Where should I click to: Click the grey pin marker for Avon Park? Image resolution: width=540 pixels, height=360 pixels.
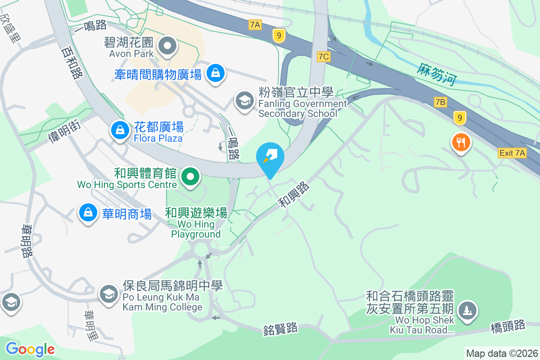[x=168, y=45]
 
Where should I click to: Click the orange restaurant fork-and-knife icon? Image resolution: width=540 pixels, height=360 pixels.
[x=460, y=143]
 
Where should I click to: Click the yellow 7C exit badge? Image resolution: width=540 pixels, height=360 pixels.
[x=324, y=56]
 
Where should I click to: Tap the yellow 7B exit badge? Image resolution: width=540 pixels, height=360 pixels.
[x=440, y=102]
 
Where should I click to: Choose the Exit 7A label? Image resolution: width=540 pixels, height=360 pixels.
[x=512, y=153]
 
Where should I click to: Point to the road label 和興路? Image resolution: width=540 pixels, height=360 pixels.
[x=295, y=194]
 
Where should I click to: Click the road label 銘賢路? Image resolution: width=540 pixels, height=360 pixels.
[x=281, y=329]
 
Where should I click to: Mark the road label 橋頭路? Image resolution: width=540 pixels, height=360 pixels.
[x=508, y=327]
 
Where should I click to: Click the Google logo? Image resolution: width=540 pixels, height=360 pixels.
[x=30, y=349]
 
